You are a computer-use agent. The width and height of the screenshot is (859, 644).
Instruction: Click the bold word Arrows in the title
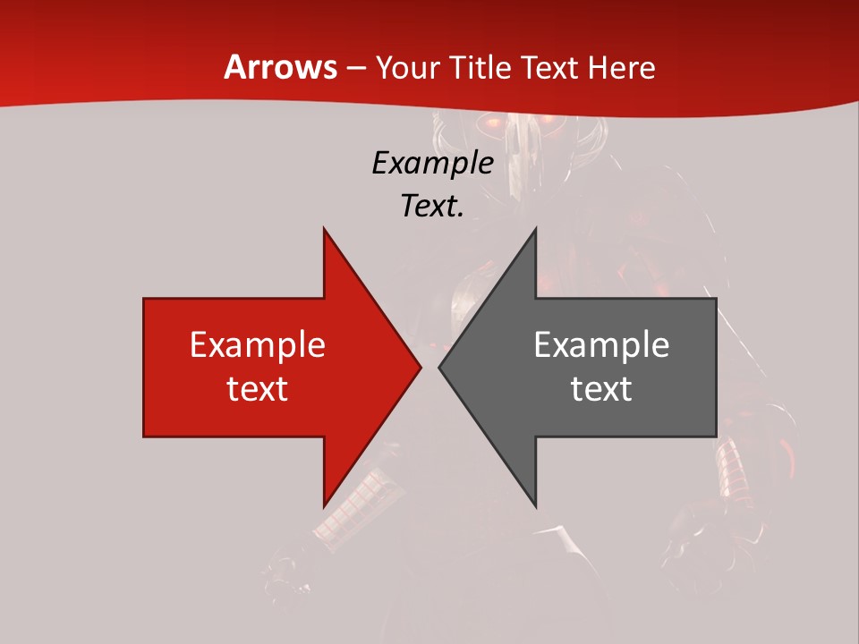coord(280,68)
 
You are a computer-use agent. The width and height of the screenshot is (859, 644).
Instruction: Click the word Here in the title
coord(622,68)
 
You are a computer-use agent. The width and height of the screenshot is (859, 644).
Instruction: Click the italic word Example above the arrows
coord(433,164)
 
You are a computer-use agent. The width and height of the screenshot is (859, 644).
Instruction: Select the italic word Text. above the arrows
coord(433,207)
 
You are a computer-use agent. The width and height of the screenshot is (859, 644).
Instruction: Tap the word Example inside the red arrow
coord(258,345)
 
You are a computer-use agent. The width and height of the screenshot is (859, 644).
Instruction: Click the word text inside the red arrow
coord(258,389)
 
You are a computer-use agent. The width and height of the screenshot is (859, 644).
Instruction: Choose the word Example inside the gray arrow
coord(601,345)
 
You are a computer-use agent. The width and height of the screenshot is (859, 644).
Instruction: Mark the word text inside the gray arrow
coord(601,389)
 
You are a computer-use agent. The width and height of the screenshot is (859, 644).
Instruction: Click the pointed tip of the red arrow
coord(420,367)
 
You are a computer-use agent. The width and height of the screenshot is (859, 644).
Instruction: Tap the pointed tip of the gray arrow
coord(439,367)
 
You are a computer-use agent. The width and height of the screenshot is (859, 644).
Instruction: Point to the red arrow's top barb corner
coord(324,229)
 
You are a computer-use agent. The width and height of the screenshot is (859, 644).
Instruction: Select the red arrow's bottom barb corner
coord(324,506)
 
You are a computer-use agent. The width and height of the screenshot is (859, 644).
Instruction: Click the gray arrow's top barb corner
coord(535,229)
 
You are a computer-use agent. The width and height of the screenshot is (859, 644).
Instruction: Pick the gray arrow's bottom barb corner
coord(535,506)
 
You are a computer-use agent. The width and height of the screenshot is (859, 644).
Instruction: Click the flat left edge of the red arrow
coord(144,367)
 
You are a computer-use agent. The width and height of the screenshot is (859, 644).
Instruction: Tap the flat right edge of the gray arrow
coord(716,367)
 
